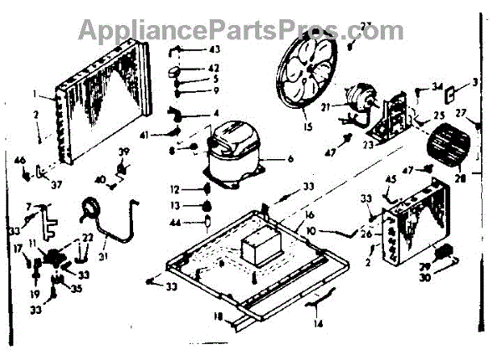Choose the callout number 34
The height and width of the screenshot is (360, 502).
(437, 87)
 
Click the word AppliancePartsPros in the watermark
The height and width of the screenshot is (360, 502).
(208, 31)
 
